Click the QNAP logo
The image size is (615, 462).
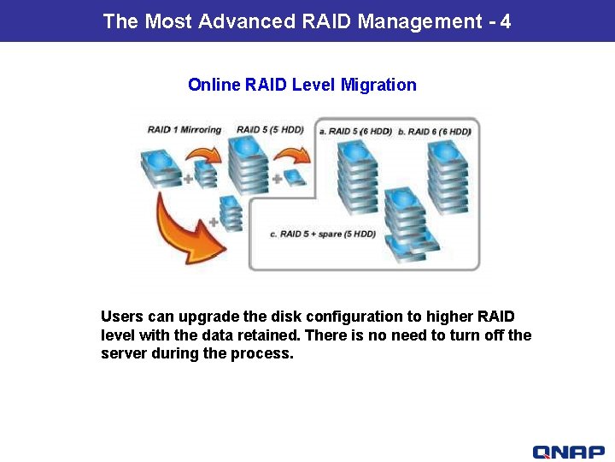coord(568,452)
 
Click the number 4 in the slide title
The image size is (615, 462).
coord(506,21)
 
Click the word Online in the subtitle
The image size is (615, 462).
coord(214,85)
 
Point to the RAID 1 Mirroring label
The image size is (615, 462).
coord(184,130)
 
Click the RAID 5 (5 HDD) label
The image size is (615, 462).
coord(270,130)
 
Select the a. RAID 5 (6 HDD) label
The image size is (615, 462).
coord(355,131)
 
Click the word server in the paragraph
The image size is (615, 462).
coord(123,353)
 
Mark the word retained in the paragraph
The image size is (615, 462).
coord(272,335)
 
